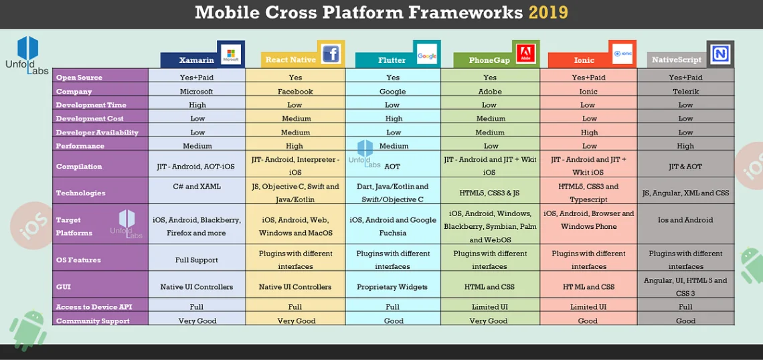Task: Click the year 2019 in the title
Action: [x=548, y=12]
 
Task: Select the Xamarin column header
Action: [x=196, y=60]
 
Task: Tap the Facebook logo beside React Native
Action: [x=331, y=54]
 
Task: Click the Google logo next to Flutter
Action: [x=427, y=56]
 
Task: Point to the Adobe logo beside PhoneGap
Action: [x=526, y=54]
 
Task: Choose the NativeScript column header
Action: [x=676, y=60]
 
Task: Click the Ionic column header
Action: [x=584, y=60]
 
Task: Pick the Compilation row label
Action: [x=79, y=167]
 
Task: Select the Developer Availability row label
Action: [x=97, y=132]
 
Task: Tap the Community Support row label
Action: [x=92, y=321]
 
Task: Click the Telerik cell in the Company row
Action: [x=685, y=92]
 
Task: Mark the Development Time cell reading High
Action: [x=197, y=105]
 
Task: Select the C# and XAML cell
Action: [x=197, y=187]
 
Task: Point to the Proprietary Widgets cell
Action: [x=393, y=287]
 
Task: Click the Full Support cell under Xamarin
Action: [x=197, y=260]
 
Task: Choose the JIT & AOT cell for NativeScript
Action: [x=685, y=167]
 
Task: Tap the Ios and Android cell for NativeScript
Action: [x=685, y=220]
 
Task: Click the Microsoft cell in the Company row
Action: [x=197, y=92]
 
